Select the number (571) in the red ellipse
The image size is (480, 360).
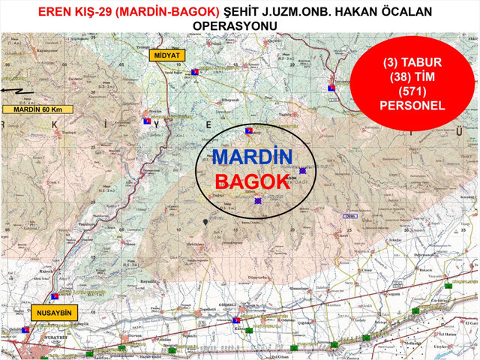pos(413,91)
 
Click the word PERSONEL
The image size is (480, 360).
pos(413,106)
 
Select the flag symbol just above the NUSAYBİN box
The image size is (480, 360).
pos(55,295)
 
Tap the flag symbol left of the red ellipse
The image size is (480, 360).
pos(330,89)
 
